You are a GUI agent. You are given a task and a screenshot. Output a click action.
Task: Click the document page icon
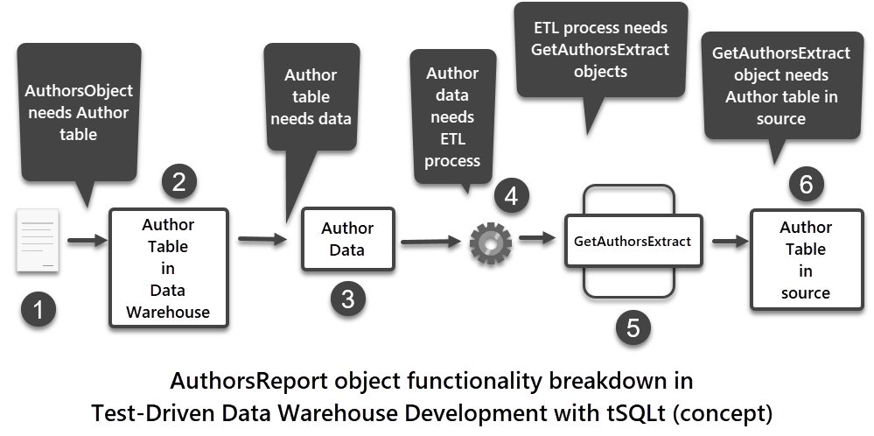coord(38,240)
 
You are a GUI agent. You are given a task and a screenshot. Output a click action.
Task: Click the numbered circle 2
coord(179,182)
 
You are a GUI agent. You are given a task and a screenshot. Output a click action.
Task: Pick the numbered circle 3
coord(348,299)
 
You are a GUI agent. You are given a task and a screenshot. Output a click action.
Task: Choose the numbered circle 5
coord(633,327)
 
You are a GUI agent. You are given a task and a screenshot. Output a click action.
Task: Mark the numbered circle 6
coord(806,184)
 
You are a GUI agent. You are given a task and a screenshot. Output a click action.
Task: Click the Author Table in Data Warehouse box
coord(168,268)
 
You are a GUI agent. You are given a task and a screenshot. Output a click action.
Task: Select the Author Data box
coord(347,239)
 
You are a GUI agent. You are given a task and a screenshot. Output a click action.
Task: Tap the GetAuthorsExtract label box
coord(633,241)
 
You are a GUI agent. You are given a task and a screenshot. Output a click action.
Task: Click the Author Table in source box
coord(805,259)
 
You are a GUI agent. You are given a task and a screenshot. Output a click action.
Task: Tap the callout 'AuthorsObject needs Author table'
coord(79,113)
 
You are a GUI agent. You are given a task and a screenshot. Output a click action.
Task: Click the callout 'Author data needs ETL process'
coord(452,117)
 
